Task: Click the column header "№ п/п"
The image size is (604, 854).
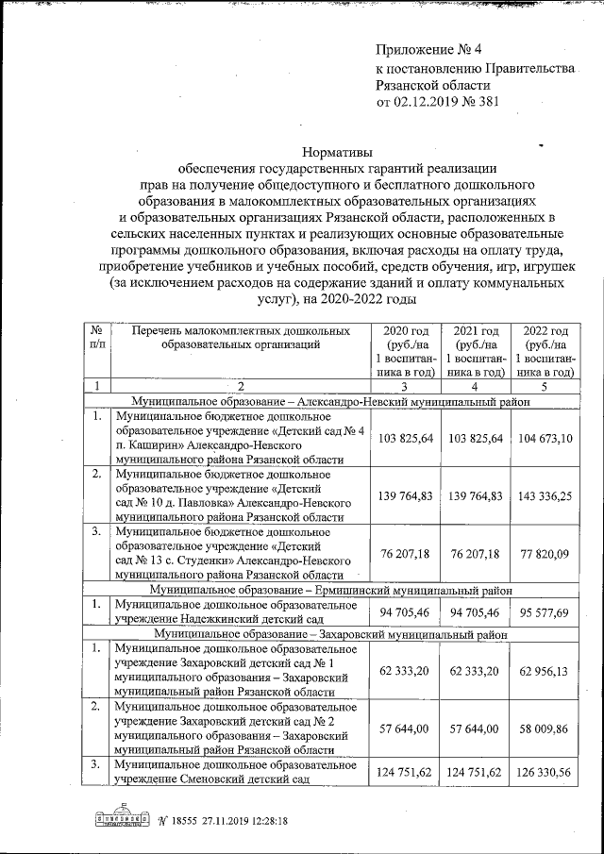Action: (x=96, y=338)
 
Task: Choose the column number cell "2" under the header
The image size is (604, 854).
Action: (x=240, y=385)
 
